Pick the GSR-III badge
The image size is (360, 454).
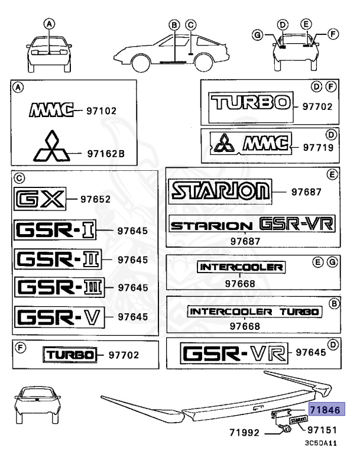pyautogui.click(x=59, y=288)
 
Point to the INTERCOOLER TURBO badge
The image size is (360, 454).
pyautogui.click(x=255, y=311)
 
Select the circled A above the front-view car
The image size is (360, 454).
pyautogui.click(x=50, y=24)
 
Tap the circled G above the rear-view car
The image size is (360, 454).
pyautogui.click(x=257, y=35)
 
